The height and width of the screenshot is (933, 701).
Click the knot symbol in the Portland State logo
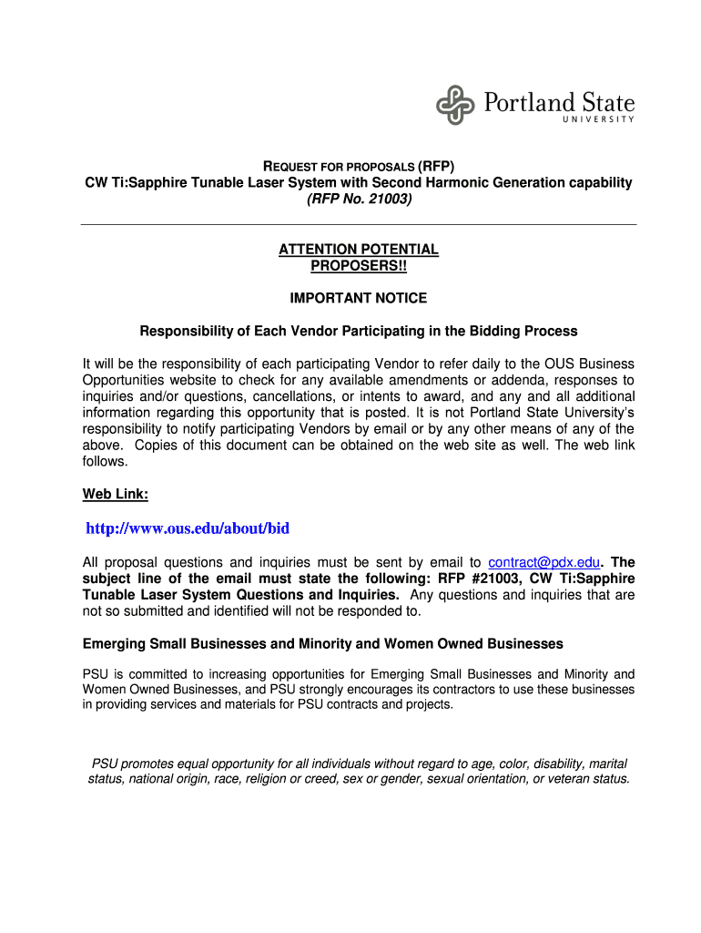(456, 105)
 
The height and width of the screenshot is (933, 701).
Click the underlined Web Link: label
(116, 494)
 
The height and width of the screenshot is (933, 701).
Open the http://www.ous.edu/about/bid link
(187, 528)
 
